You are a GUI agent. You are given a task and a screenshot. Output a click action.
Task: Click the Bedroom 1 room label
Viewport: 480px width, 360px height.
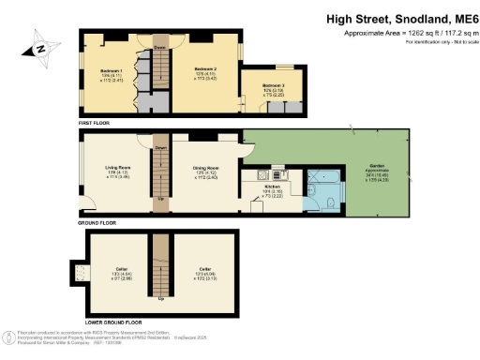(112, 69)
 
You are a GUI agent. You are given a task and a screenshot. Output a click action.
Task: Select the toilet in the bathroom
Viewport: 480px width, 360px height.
(318, 204)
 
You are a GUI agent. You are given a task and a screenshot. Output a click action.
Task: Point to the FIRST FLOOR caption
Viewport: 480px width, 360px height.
(96, 123)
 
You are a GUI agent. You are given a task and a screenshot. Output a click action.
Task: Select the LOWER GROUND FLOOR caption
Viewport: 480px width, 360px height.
(109, 322)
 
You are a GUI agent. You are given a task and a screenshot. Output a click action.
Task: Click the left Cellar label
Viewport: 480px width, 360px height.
(121, 269)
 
